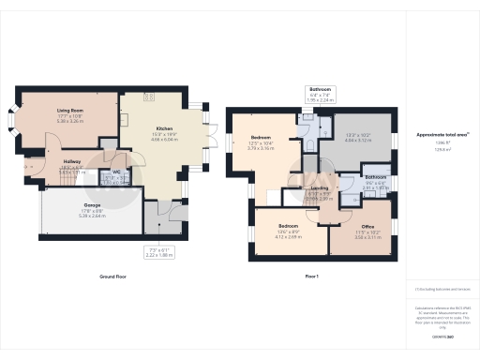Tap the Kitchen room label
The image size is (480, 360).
tap(164, 127)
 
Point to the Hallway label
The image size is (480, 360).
tap(71, 160)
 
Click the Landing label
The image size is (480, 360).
tap(320, 187)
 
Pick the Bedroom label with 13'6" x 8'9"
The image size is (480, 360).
tap(289, 226)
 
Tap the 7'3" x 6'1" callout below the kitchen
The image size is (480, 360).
tap(160, 251)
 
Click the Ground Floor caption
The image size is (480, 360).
tap(112, 277)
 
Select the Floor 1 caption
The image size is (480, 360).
tap(312, 277)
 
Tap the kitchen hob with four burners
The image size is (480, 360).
tap(148, 97)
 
